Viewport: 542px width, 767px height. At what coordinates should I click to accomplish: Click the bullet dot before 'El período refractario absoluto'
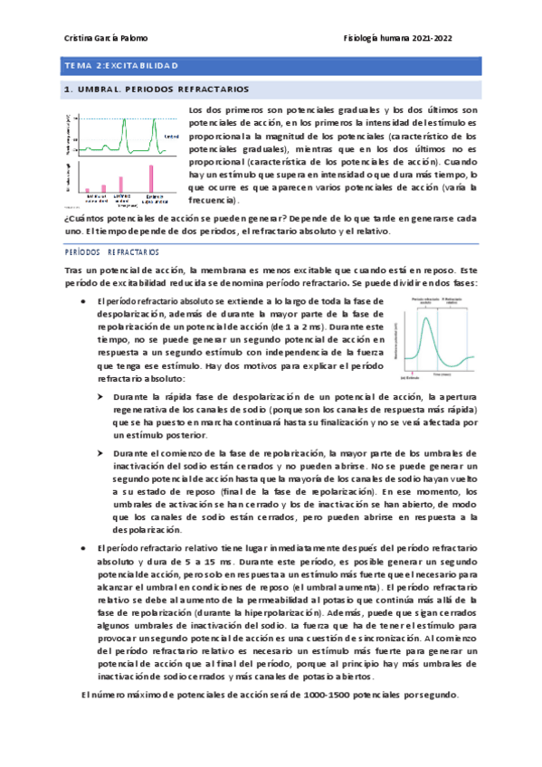[x=83, y=300]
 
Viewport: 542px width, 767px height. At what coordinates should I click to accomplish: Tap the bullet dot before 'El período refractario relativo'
[x=83, y=548]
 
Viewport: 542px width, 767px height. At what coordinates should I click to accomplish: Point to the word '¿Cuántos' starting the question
[x=77, y=219]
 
